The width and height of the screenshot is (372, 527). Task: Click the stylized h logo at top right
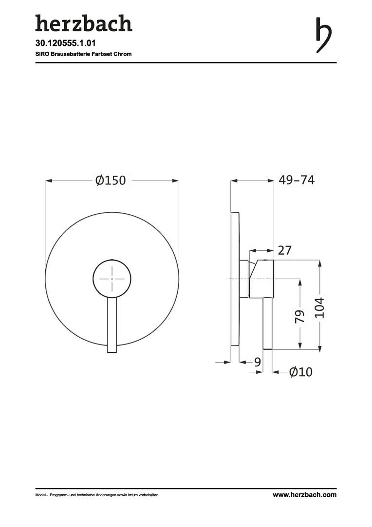coord(323,36)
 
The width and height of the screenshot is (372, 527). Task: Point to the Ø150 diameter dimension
coord(111,181)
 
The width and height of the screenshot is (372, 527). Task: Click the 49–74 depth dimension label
coord(297,180)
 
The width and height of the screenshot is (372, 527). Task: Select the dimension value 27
coord(285,250)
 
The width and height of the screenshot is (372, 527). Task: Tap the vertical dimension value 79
coord(299,316)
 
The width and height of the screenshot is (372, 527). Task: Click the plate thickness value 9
coord(257,362)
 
